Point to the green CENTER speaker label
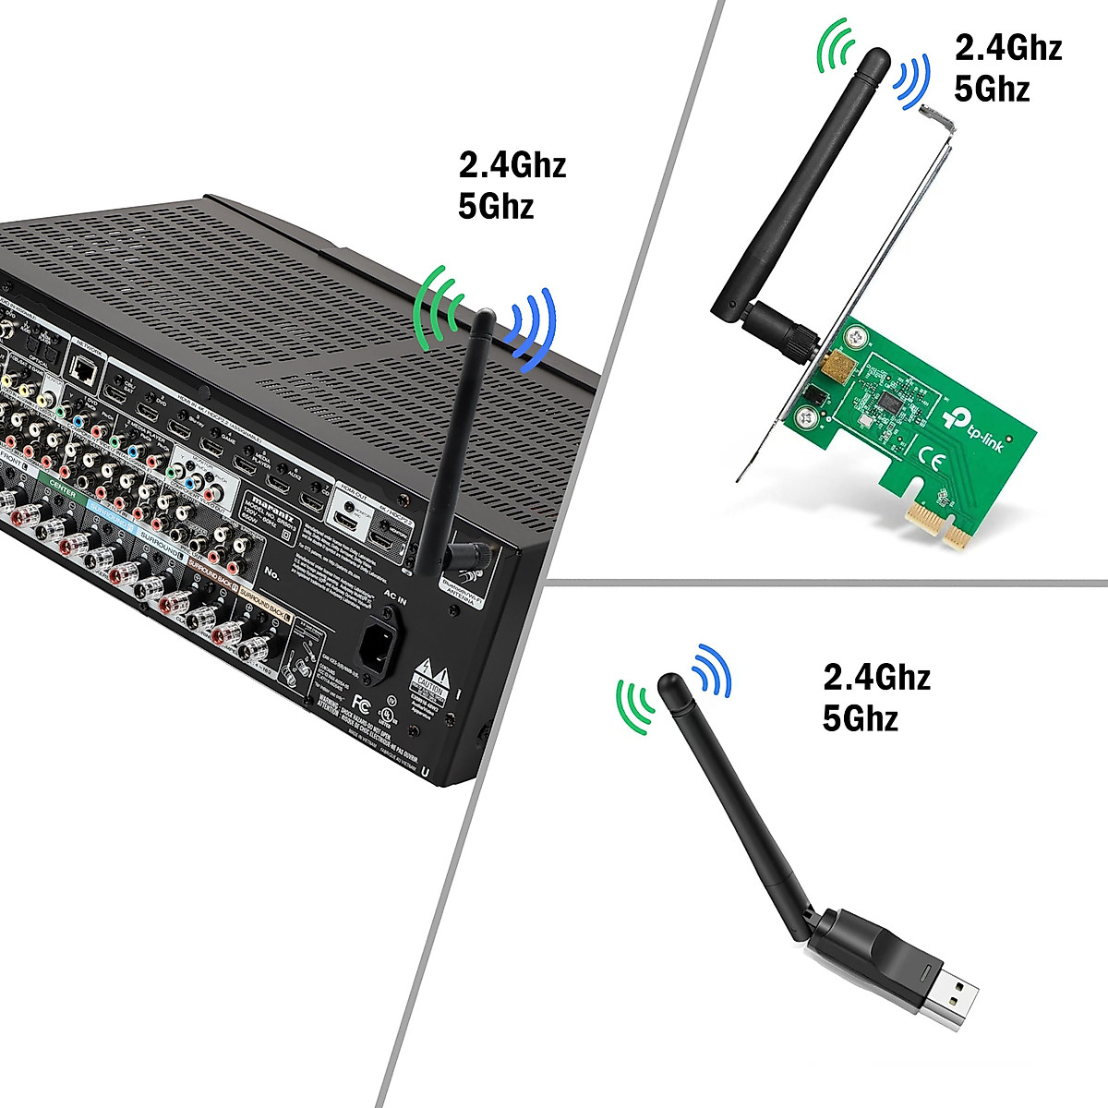62,492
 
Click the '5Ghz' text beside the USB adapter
861,717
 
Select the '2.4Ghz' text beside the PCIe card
1008,47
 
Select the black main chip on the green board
890,403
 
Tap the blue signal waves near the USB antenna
713,668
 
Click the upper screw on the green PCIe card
854,340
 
